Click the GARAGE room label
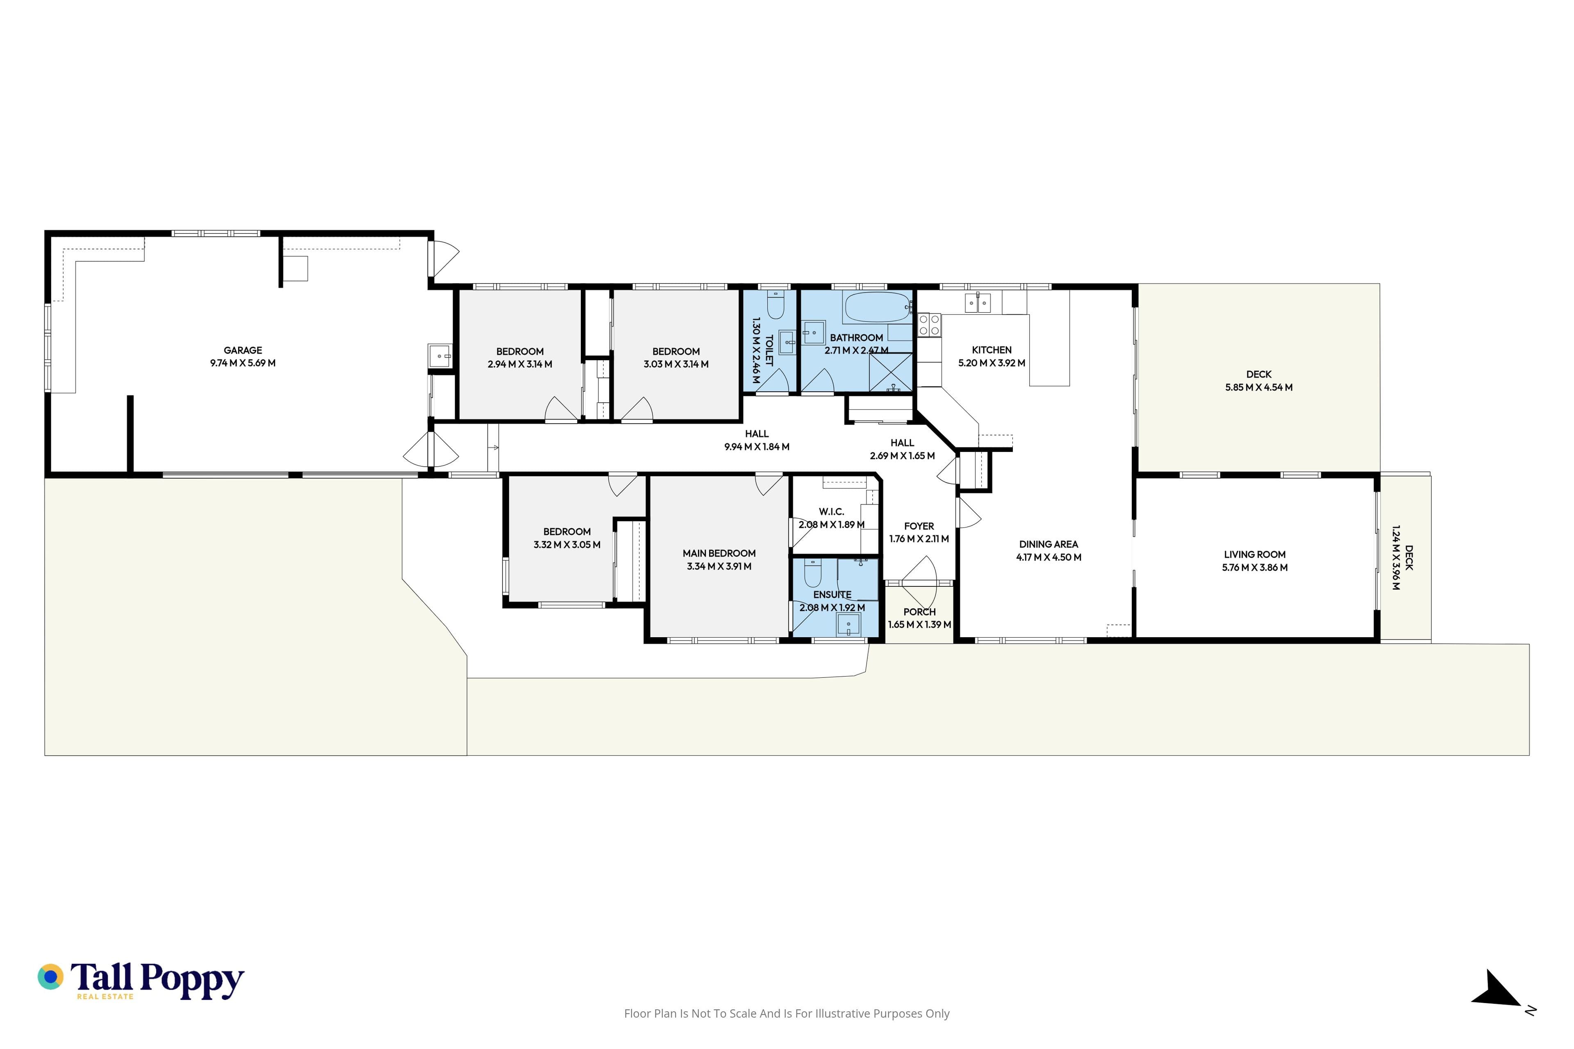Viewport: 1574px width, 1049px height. (x=243, y=350)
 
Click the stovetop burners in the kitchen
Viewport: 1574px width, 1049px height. (x=929, y=325)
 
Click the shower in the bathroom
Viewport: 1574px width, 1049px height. (x=891, y=372)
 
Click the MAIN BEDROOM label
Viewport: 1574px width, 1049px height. (x=719, y=553)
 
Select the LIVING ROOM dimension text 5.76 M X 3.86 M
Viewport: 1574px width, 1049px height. (x=1255, y=567)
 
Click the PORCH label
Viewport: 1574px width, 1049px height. (x=919, y=611)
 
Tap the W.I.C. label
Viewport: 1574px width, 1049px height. (x=832, y=512)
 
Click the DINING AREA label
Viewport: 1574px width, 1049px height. (x=1049, y=545)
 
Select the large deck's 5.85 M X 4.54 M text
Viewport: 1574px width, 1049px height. (x=1259, y=387)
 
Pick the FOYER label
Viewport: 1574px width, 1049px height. (x=919, y=527)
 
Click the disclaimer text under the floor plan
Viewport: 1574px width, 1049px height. (x=787, y=1013)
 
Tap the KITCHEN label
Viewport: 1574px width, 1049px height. (x=992, y=350)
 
